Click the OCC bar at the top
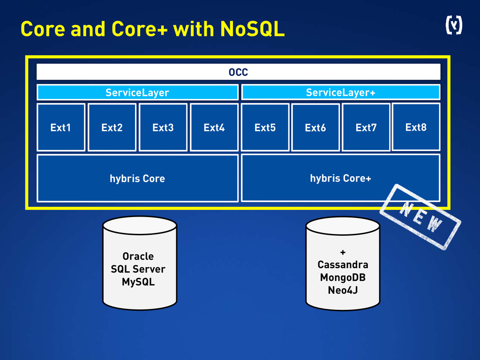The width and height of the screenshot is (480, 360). pos(238,72)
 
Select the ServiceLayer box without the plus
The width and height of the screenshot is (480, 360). pos(137,92)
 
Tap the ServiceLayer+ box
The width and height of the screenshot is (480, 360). pos(340,92)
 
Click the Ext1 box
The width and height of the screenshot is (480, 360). pos(61,127)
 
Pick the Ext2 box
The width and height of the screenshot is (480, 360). pos(112,127)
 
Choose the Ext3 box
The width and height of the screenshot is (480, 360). pos(163,127)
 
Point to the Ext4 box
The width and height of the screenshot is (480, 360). pos(214,127)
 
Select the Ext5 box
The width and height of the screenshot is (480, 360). pos(265,127)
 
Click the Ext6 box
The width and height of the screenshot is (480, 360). pos(315,127)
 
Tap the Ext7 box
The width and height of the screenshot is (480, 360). pos(366,127)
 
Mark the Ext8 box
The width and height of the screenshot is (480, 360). pos(416,127)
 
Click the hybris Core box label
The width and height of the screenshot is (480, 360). pos(137,178)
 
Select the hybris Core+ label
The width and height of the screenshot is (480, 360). pos(340,178)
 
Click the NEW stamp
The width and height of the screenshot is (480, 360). pos(420,217)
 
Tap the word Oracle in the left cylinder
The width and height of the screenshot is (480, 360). pos(138,256)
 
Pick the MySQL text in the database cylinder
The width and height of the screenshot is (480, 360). pos(138,282)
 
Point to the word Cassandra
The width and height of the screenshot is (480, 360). pos(343,264)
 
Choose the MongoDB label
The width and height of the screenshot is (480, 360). pos(343,277)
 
